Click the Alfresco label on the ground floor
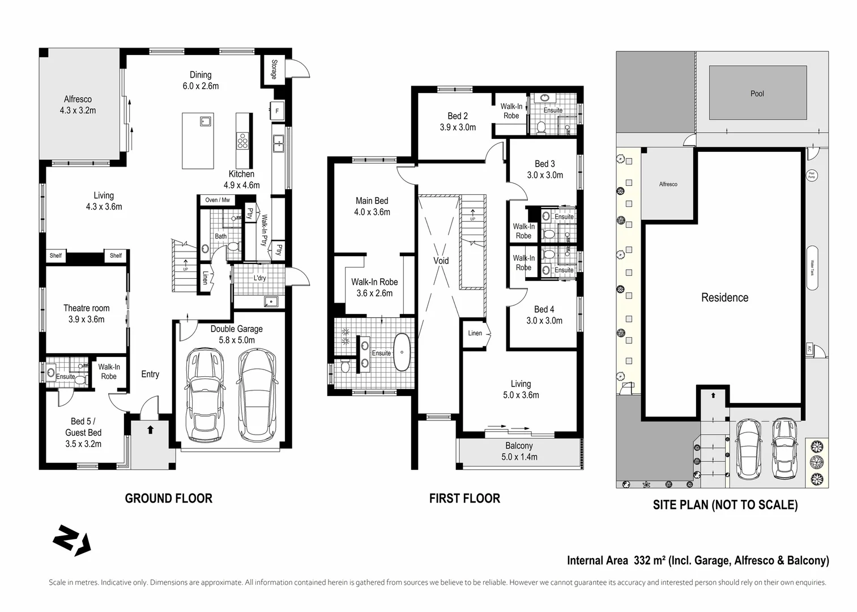click(78, 100)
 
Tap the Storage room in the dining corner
click(274, 70)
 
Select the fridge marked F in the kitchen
click(277, 111)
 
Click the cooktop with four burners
click(243, 141)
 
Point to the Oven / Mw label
click(217, 200)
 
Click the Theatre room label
click(86, 308)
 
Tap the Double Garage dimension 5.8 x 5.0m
click(236, 340)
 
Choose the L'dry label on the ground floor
click(259, 278)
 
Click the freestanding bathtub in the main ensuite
click(402, 352)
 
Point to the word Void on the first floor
click(441, 261)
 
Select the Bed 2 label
click(458, 116)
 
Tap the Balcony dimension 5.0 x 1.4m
click(519, 457)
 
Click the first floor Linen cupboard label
click(475, 333)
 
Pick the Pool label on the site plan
click(757, 93)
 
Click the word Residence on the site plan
click(724, 297)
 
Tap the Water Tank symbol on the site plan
click(812, 268)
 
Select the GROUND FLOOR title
click(168, 499)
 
